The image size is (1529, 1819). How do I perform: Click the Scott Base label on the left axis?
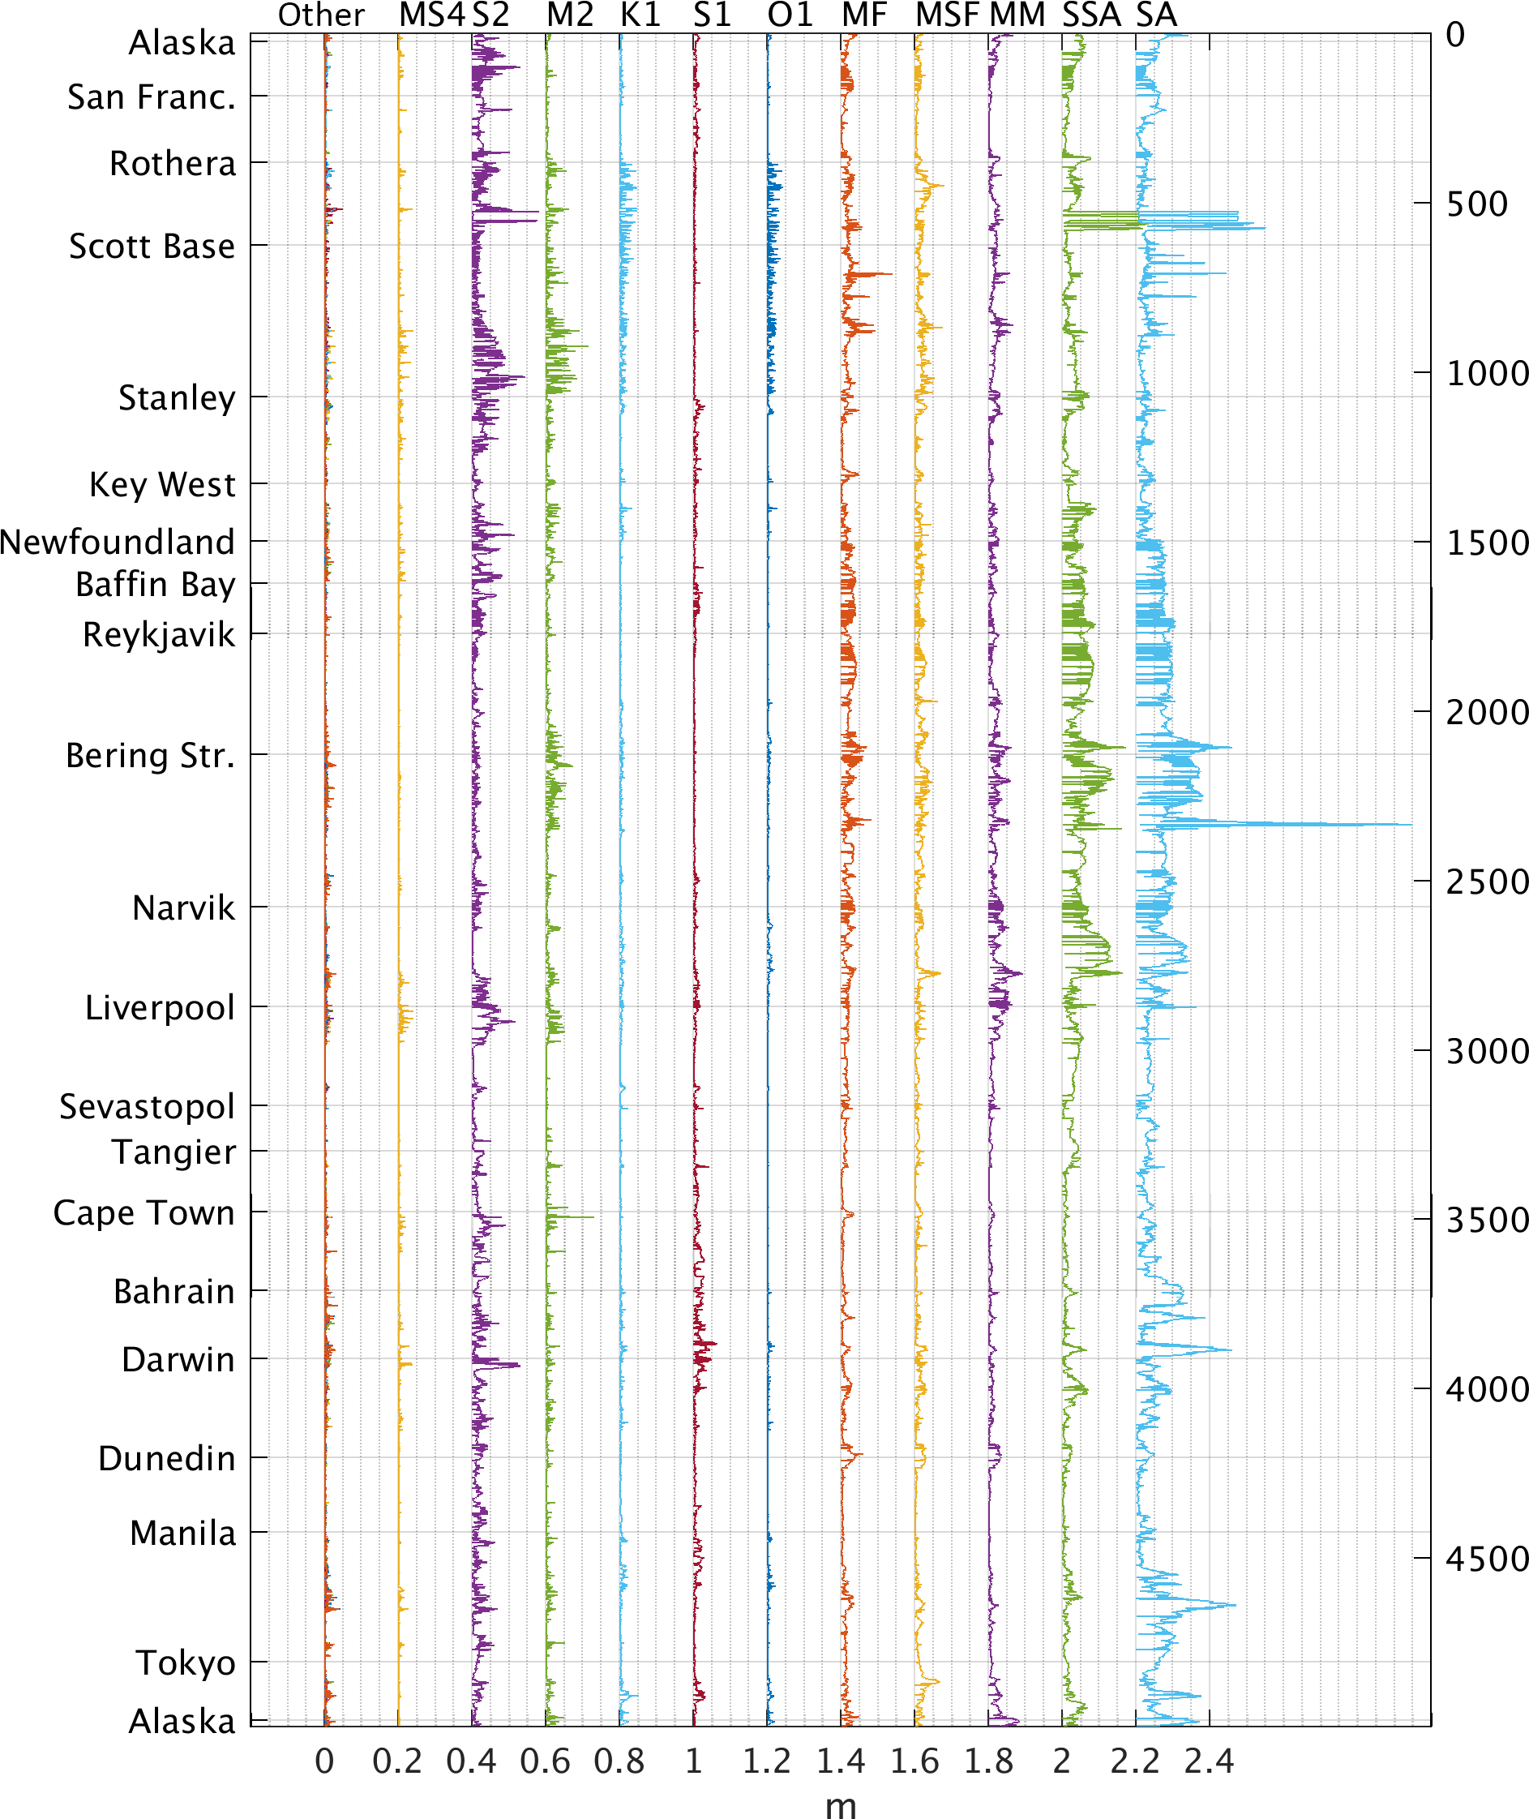[x=152, y=247]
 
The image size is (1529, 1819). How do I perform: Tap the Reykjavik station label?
[x=159, y=635]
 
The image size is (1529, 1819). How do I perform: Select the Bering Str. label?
[x=150, y=755]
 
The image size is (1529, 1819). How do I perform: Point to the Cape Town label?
[x=143, y=1212]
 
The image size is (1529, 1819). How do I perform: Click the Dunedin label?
[x=166, y=1458]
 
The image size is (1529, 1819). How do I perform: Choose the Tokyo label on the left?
[x=186, y=1663]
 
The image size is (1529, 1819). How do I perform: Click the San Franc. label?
[x=152, y=97]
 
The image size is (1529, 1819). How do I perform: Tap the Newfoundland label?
[x=118, y=542]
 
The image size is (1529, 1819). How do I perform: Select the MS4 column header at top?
[x=430, y=15]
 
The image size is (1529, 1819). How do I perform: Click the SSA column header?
[x=1091, y=15]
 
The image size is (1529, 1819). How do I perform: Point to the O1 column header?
[x=790, y=15]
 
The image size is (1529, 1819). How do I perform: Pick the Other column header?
[x=321, y=15]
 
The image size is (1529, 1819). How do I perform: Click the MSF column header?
[x=947, y=15]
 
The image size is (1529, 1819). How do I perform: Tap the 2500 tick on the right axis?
[x=1486, y=882]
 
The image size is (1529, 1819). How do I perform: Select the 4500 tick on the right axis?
[x=1486, y=1559]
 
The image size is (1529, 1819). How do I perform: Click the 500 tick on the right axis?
[x=1477, y=204]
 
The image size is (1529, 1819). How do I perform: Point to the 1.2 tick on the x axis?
[x=767, y=1761]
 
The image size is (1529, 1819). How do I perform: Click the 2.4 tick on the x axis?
[x=1209, y=1761]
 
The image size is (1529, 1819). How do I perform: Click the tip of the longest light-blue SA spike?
[x=1412, y=825]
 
